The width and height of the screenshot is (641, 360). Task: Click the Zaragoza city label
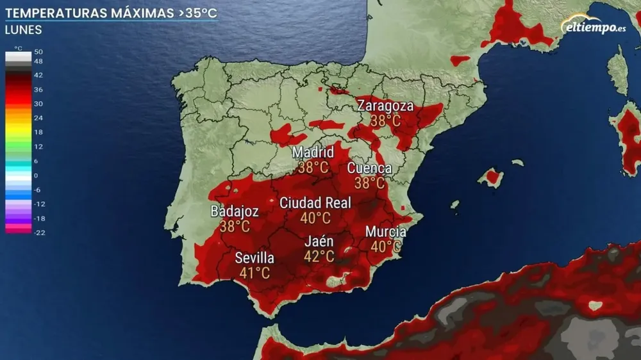click(x=385, y=106)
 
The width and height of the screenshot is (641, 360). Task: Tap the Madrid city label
click(x=313, y=152)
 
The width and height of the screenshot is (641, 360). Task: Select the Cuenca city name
click(x=369, y=168)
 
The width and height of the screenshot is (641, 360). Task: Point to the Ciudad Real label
click(x=315, y=203)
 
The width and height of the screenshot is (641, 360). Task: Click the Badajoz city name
click(x=235, y=211)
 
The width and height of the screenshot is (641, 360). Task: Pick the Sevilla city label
click(x=254, y=258)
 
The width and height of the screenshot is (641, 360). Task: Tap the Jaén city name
click(x=319, y=241)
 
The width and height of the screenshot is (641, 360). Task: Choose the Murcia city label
click(x=385, y=232)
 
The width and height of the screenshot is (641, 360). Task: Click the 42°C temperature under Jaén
click(x=319, y=257)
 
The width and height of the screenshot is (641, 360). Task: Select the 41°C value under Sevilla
click(x=254, y=274)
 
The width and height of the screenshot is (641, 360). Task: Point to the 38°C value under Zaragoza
click(x=385, y=120)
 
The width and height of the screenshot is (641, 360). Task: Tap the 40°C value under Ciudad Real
click(x=315, y=218)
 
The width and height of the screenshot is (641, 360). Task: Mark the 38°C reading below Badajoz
click(x=235, y=226)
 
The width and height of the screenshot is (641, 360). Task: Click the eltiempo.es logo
click(x=594, y=26)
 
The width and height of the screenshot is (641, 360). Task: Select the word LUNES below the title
click(x=23, y=29)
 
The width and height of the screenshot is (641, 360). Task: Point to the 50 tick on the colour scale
click(x=38, y=52)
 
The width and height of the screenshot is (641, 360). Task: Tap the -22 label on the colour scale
click(x=38, y=233)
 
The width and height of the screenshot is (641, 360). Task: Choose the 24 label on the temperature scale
click(x=38, y=118)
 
